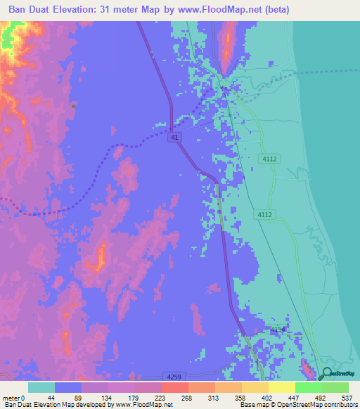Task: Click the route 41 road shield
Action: [172, 139]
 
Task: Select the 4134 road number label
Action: [278, 329]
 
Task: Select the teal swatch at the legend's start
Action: [41, 387]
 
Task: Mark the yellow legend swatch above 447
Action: [281, 387]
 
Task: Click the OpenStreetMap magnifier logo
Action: [327, 374]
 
